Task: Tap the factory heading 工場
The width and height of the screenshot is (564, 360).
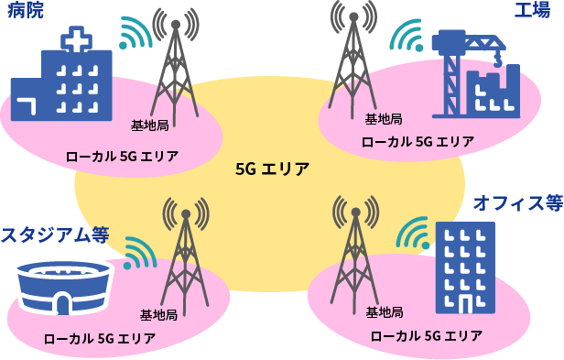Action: coord(531,12)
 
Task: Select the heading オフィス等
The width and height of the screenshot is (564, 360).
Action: coord(516,203)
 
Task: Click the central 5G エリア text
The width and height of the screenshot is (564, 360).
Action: coord(272,169)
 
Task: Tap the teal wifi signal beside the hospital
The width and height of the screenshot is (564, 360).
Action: coord(135,34)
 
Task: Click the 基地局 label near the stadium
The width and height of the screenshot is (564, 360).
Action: coord(158,315)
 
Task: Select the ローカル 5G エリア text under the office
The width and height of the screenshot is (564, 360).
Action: coord(426,336)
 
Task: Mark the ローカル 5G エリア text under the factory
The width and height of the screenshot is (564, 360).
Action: coord(418,142)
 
